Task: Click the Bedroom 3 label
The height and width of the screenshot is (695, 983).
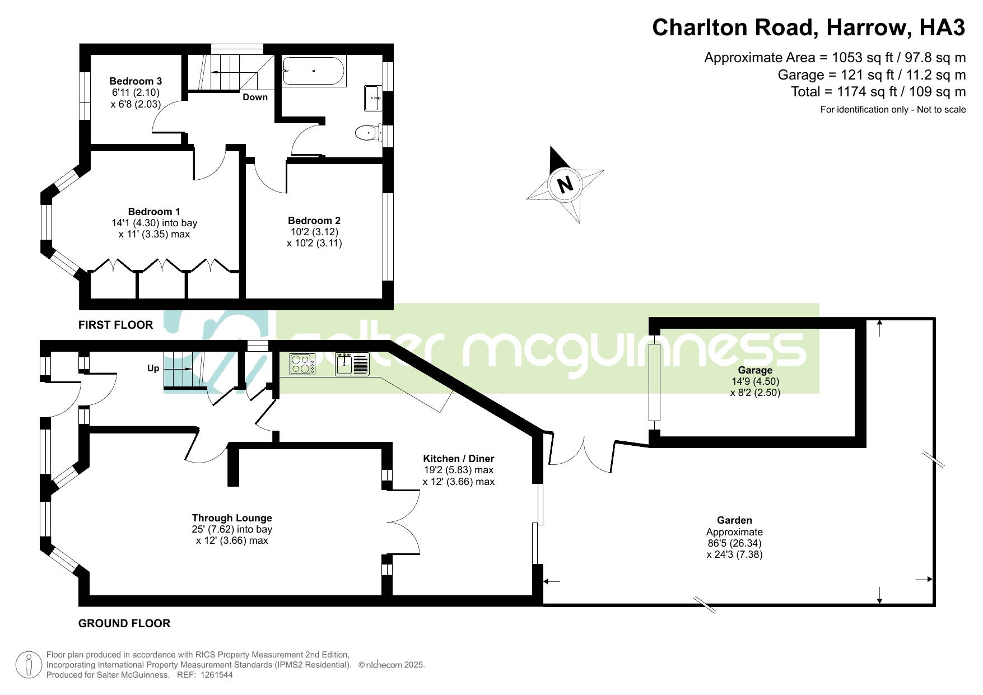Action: pos(136,81)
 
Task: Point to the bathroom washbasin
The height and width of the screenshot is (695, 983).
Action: pos(374,98)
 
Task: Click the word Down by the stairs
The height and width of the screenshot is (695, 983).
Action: pos(255,97)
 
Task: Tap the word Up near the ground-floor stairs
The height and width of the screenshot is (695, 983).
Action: pos(153,368)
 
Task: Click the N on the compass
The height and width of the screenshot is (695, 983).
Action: pos(566,184)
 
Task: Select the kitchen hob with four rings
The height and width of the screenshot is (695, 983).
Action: pos(302,364)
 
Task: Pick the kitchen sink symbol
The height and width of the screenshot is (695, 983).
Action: pos(352,364)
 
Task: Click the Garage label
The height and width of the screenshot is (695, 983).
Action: pos(755,370)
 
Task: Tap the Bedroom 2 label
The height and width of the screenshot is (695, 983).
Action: pos(314,221)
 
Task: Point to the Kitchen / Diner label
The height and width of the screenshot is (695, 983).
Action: pos(459,459)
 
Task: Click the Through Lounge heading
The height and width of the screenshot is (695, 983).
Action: pos(232,518)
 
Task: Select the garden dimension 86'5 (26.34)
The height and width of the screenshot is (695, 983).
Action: pos(734,543)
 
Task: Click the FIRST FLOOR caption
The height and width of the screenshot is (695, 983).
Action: pos(115,325)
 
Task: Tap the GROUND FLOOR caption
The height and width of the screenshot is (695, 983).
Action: pos(124,623)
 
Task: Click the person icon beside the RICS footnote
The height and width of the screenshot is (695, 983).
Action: pos(28,665)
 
